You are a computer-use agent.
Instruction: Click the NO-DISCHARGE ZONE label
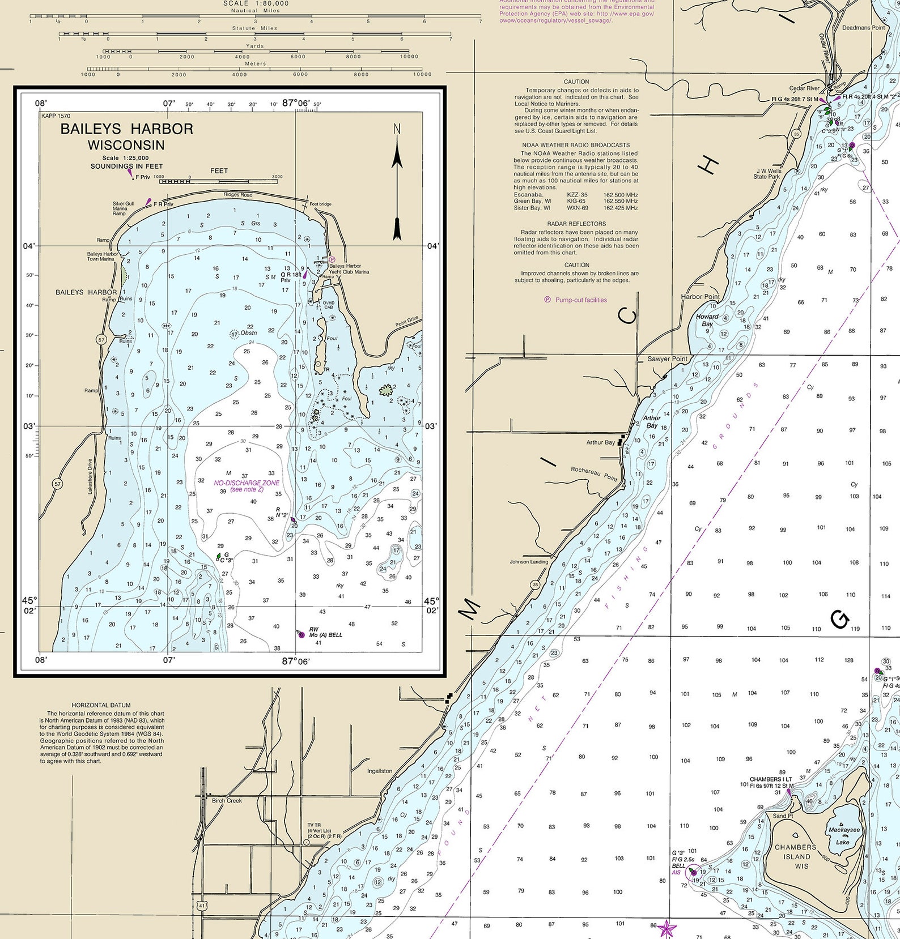point(247,483)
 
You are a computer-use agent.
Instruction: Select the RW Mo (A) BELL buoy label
point(325,632)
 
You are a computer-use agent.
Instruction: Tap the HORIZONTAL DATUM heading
point(102,705)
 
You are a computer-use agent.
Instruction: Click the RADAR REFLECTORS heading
point(576,224)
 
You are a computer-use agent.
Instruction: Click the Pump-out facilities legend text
point(581,300)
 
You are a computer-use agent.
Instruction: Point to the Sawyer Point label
point(667,359)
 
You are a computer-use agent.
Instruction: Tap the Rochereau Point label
point(594,473)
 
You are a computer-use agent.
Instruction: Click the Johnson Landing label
point(529,562)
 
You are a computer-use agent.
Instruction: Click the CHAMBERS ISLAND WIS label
point(796,856)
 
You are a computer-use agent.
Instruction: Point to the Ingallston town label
point(379,771)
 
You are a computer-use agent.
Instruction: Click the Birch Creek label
point(227,800)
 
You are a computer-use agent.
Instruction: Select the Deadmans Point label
point(863,28)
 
